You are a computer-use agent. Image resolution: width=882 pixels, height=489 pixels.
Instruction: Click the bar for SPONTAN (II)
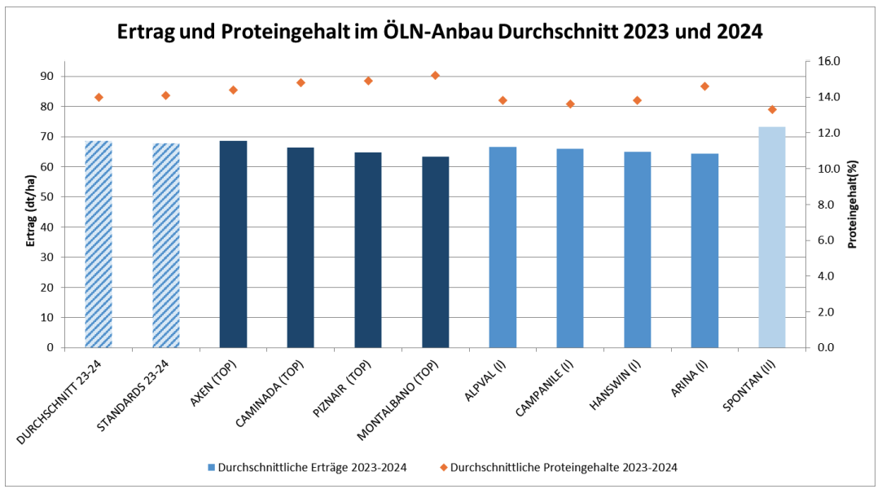[x=771, y=237]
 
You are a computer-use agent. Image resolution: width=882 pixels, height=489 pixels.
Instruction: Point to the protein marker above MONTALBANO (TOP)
[x=435, y=75]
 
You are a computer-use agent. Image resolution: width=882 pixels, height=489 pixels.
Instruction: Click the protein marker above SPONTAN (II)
[x=772, y=109]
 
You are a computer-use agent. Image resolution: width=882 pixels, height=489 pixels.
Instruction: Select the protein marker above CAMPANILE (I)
[x=570, y=104]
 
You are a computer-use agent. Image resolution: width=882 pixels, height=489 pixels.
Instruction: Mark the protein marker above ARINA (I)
[x=704, y=86]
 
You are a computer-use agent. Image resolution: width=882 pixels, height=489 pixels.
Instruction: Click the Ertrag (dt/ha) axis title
[x=30, y=205]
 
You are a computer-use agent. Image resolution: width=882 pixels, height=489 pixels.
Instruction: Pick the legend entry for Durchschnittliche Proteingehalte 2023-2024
[x=563, y=468]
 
